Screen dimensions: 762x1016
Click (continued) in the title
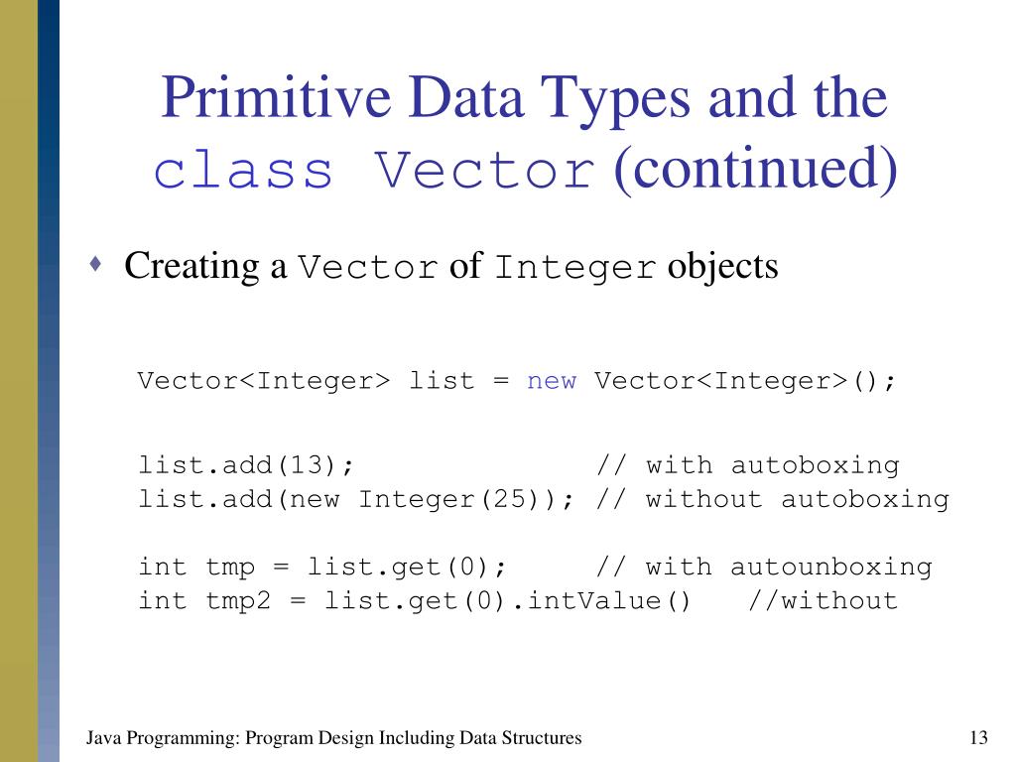755,170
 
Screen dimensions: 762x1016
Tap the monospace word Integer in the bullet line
574,268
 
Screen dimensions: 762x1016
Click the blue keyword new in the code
551,381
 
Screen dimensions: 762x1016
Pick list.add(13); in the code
246,464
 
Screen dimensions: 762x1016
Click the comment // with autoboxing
748,464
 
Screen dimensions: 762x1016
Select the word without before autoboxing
704,498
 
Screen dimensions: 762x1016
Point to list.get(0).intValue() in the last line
507,600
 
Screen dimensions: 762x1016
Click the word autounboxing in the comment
831,567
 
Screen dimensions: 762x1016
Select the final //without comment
823,600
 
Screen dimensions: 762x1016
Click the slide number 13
977,738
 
